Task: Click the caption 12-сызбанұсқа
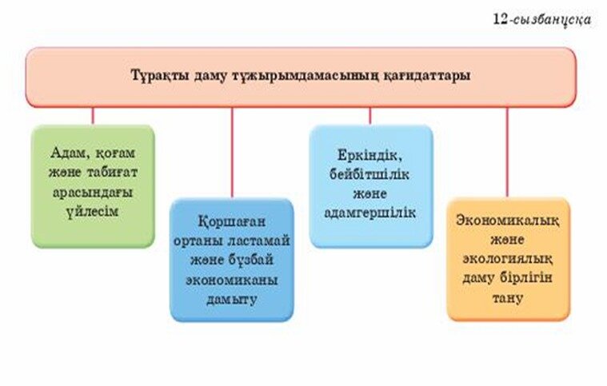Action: click(x=542, y=19)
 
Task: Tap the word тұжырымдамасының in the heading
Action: click(x=305, y=76)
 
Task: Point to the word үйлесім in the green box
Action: click(x=92, y=212)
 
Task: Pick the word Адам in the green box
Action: click(x=71, y=153)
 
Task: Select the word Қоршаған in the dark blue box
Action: click(x=232, y=222)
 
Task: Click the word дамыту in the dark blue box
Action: click(x=231, y=300)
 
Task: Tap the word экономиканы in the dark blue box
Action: click(x=231, y=280)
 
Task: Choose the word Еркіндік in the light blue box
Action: click(x=367, y=156)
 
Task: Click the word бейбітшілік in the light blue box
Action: click(x=369, y=174)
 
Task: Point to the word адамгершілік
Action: click(x=369, y=213)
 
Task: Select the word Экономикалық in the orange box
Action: click(x=508, y=221)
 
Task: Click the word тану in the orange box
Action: click(x=508, y=299)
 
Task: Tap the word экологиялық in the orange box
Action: click(x=508, y=259)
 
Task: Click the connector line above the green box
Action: click(x=93, y=115)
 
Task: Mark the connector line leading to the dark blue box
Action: click(x=232, y=152)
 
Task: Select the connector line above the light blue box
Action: click(x=369, y=115)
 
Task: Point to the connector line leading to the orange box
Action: click(x=507, y=152)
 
